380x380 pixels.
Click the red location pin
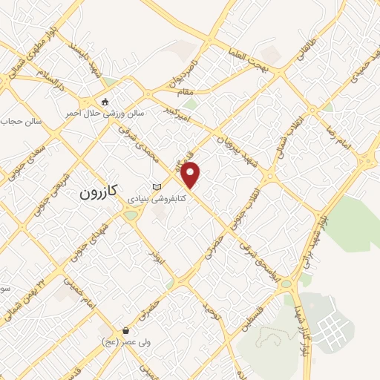click(x=191, y=175)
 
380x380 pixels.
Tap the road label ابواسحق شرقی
click(x=261, y=261)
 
